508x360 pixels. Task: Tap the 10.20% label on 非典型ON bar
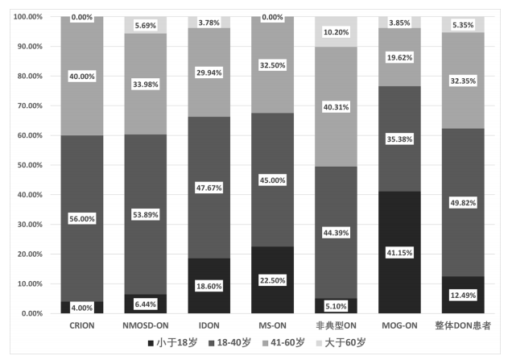click(337, 32)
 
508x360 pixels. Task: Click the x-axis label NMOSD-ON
click(146, 325)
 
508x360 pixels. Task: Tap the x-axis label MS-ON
click(274, 325)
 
